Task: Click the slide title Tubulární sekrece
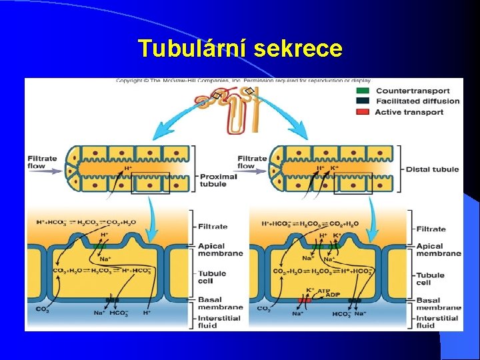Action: (x=240, y=49)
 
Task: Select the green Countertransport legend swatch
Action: (x=363, y=91)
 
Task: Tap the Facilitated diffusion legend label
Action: (x=417, y=101)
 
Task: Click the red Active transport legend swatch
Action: (x=363, y=112)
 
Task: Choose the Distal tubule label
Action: (x=432, y=169)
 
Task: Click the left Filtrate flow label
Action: (x=42, y=163)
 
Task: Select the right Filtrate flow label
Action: (x=252, y=162)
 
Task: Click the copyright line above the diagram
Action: (x=243, y=81)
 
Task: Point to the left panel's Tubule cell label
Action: (x=212, y=277)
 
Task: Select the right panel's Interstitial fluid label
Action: (x=437, y=322)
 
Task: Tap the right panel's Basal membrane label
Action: (x=437, y=304)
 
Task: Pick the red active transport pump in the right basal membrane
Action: (x=305, y=301)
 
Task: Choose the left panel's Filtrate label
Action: (x=213, y=227)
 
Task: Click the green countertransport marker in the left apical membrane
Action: (x=101, y=247)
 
